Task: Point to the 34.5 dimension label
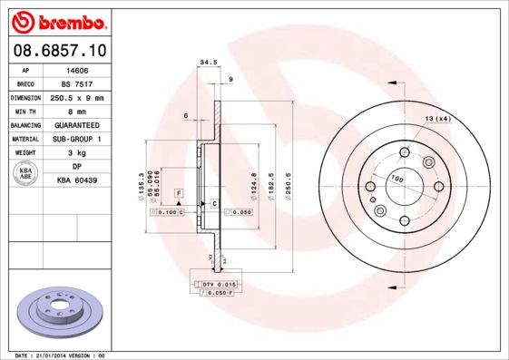click(x=207, y=63)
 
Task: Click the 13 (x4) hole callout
click(x=438, y=119)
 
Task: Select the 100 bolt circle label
click(x=397, y=179)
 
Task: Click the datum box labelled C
click(x=213, y=203)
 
